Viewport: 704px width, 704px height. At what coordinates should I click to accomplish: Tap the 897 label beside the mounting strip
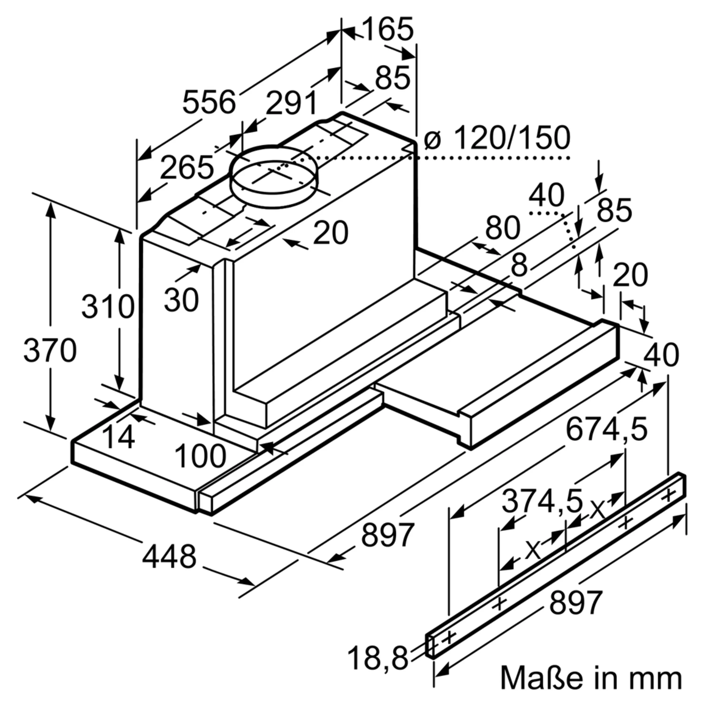pos(575,602)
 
